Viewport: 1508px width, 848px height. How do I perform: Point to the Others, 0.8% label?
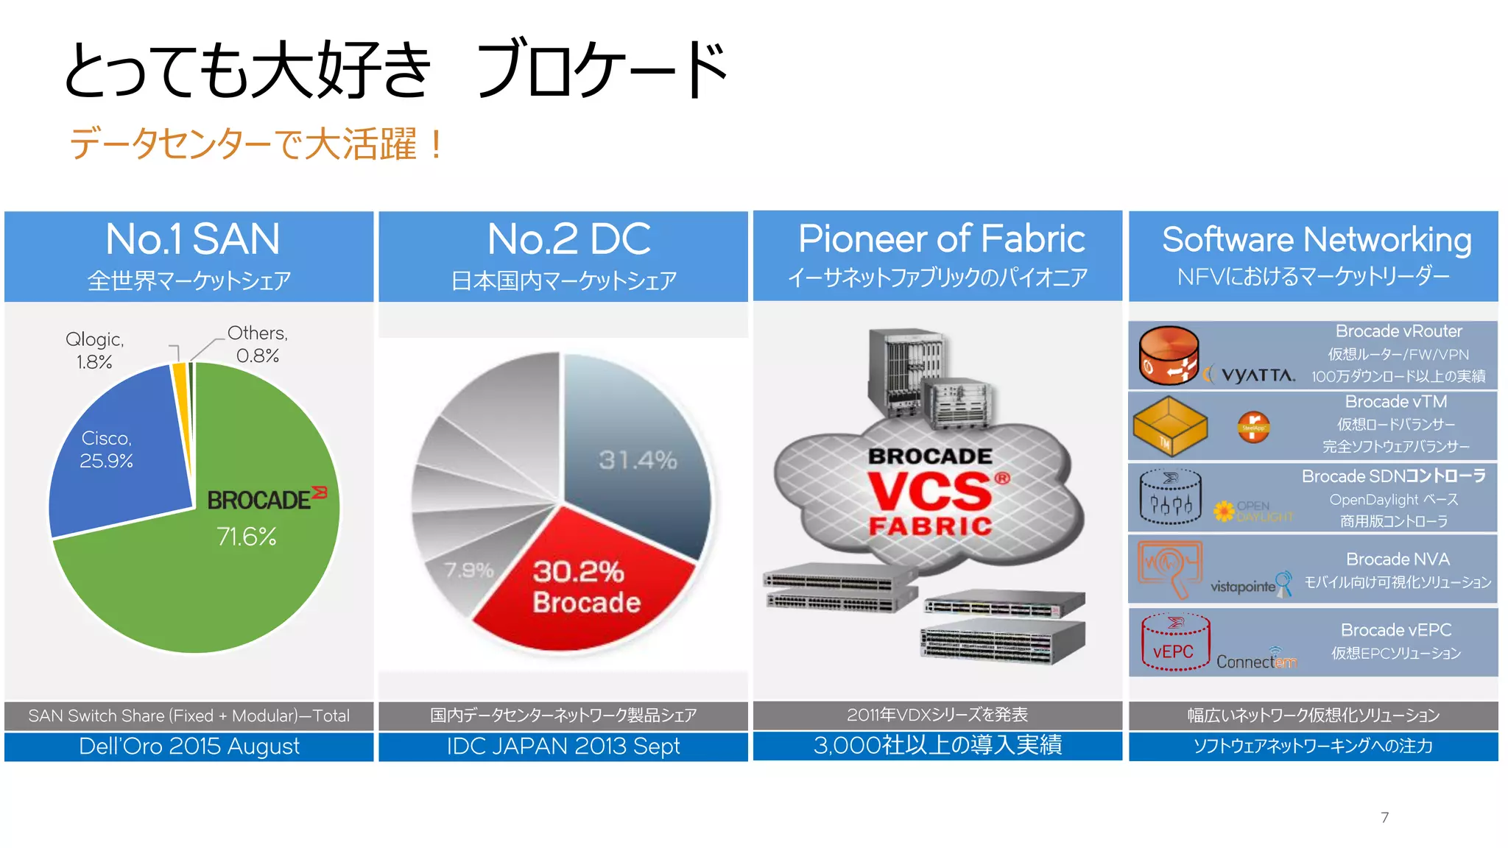coord(257,344)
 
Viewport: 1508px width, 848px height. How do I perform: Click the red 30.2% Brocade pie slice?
coord(582,589)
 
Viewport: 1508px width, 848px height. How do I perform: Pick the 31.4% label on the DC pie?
coord(637,460)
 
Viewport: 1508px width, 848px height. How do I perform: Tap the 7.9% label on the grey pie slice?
coord(468,570)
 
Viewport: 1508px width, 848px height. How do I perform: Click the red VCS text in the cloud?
coord(929,491)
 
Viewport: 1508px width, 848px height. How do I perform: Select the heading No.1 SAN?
coord(192,239)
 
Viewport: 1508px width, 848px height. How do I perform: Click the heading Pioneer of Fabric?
coord(941,239)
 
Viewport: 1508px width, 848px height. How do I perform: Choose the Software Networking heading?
coord(1317,240)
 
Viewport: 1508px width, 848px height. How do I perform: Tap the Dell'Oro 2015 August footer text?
coord(189,746)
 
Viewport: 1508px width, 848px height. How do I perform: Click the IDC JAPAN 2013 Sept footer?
coord(563,746)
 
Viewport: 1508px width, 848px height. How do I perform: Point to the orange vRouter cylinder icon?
coord(1169,356)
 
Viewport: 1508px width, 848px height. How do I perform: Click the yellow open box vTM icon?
coord(1169,425)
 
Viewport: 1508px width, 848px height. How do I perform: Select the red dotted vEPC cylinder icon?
coord(1175,642)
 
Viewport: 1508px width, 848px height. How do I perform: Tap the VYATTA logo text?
coord(1258,375)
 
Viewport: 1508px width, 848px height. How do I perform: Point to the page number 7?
coord(1384,817)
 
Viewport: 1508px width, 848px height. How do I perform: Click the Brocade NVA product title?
coord(1397,559)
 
